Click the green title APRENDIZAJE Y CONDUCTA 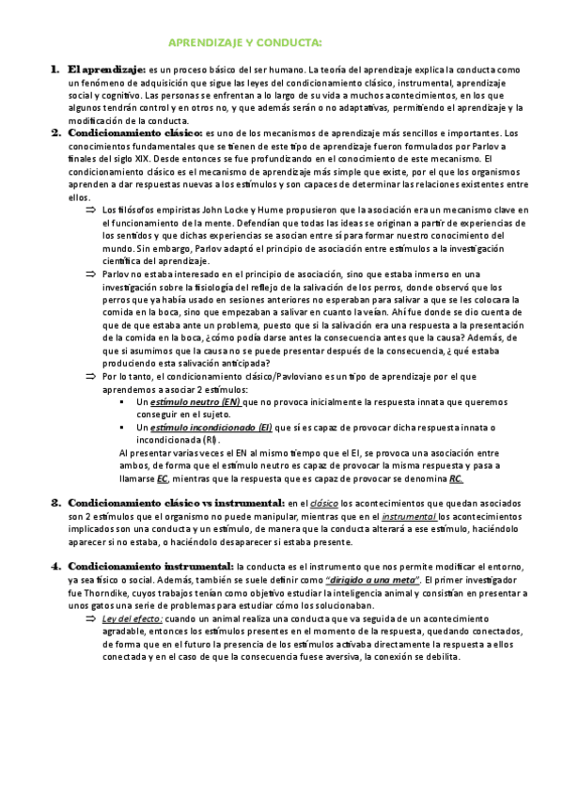coord(244,43)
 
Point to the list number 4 coord(55,566)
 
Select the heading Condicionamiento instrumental coord(150,566)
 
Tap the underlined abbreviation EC coord(163,478)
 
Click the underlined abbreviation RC coord(456,478)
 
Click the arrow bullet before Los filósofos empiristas coord(91,209)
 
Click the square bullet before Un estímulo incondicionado coord(124,427)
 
